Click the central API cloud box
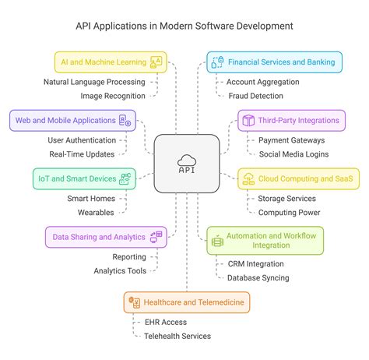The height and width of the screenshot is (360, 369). coord(184,163)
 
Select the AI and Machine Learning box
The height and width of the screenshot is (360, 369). coord(111,62)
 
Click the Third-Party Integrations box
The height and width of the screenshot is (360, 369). coord(291,120)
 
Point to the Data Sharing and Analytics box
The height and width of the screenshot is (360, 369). coord(104,237)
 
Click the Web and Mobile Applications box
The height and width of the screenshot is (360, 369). coord(72,120)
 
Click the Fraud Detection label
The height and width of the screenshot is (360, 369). coord(255,95)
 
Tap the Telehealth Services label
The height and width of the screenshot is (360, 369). coord(177,336)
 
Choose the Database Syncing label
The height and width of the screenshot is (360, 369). coord(258,277)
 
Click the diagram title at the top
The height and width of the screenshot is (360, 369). coord(184,26)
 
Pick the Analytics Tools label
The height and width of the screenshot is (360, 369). coord(119,270)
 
